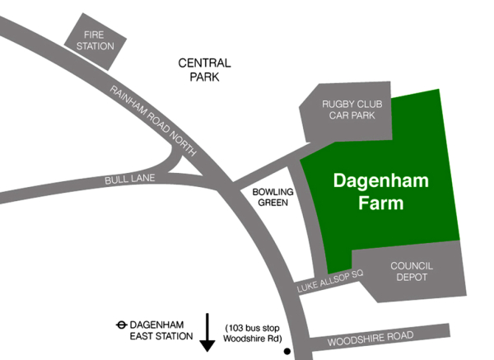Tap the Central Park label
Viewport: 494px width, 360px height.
[x=205, y=70]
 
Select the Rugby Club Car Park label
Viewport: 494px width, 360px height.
[x=348, y=110]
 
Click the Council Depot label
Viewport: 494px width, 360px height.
[x=412, y=272]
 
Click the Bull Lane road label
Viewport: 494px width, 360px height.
[x=124, y=179]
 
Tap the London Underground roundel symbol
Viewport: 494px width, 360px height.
[x=121, y=325]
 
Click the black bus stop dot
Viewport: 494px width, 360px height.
[x=287, y=352]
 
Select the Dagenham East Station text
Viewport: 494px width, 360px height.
[x=161, y=330]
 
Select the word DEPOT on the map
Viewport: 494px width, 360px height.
[x=412, y=278]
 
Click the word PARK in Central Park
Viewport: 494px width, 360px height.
[x=205, y=77]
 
